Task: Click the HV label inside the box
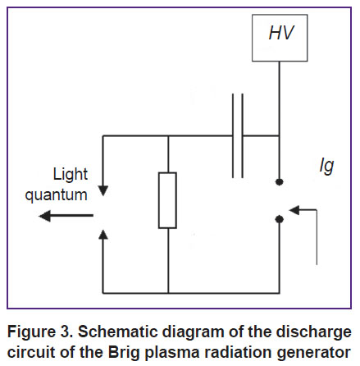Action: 281,33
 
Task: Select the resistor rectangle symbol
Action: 167,200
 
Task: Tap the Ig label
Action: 327,166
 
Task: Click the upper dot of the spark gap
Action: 279,182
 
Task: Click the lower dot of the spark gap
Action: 279,219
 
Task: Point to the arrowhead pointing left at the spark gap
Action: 294,210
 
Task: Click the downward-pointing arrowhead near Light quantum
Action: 103,190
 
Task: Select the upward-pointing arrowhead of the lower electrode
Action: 103,235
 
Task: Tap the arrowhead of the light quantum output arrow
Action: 45,216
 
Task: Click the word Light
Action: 71,174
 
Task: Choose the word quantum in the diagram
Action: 56,195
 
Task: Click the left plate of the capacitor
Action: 233,135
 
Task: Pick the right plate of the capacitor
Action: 242,135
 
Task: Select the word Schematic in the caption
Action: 118,332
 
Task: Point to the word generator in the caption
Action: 314,353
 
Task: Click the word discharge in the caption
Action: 313,332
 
